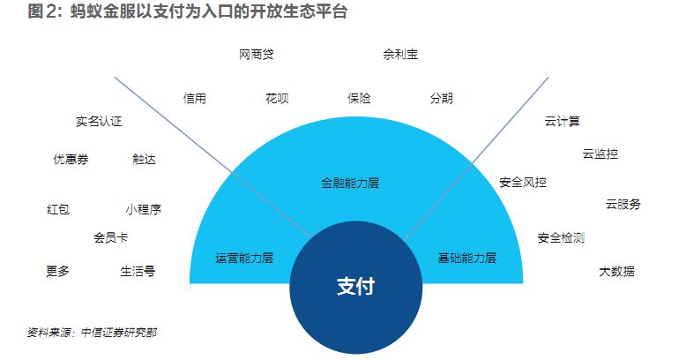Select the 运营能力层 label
pyautogui.click(x=244, y=259)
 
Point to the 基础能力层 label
pyautogui.click(x=467, y=259)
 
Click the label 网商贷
pyautogui.click(x=256, y=55)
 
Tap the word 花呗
pyautogui.click(x=277, y=99)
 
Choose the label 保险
pyautogui.click(x=359, y=99)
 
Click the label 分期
pyautogui.click(x=441, y=99)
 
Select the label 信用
pyautogui.click(x=195, y=99)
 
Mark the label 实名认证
pyautogui.click(x=99, y=122)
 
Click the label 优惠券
pyautogui.click(x=71, y=160)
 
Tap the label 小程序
pyautogui.click(x=143, y=210)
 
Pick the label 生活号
pyautogui.click(x=138, y=272)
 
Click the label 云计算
pyautogui.click(x=563, y=122)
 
